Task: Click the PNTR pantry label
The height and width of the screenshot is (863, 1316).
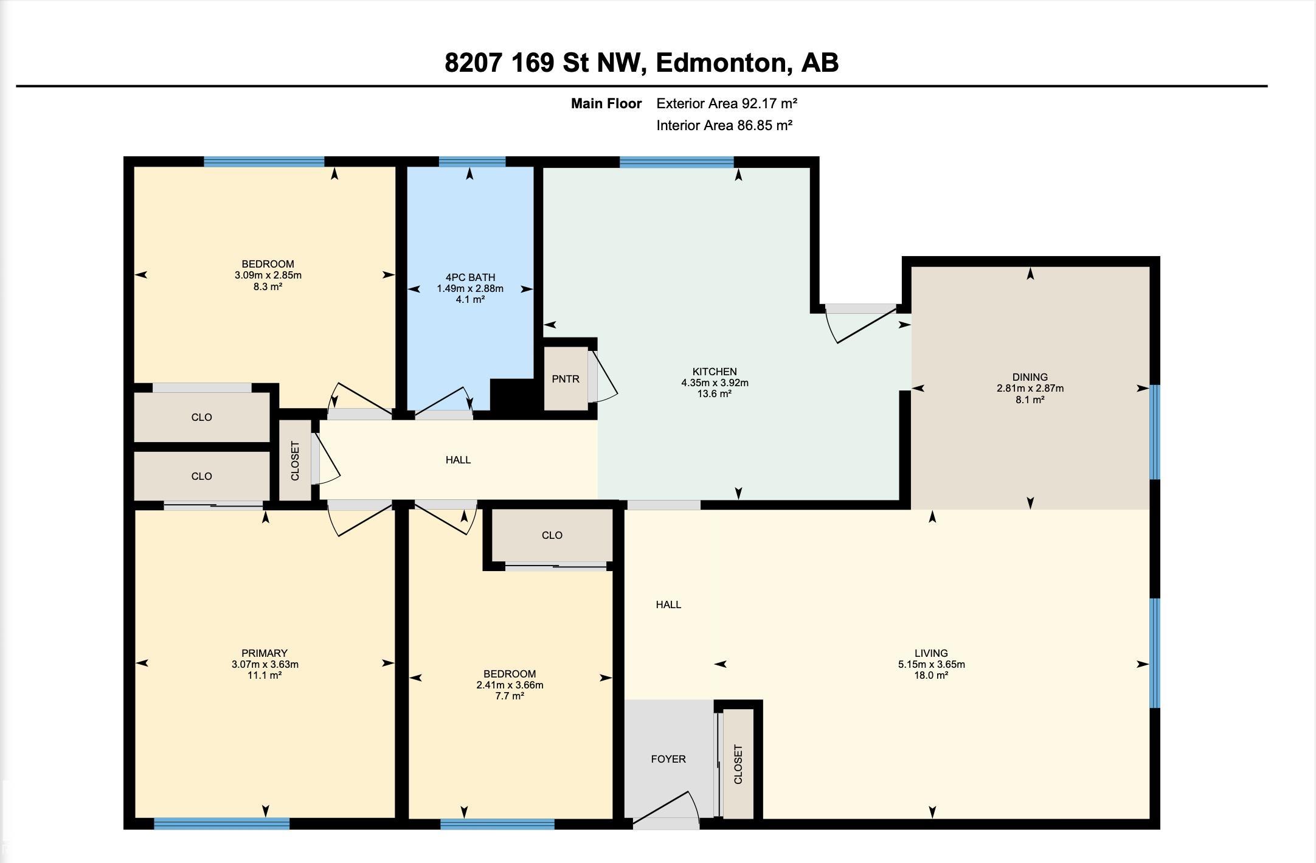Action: click(566, 379)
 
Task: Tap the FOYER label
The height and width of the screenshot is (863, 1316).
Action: click(668, 759)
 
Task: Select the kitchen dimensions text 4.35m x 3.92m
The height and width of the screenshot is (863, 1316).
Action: click(715, 383)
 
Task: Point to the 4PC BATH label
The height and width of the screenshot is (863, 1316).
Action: click(470, 277)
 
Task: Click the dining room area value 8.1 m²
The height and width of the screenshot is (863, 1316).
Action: click(1030, 400)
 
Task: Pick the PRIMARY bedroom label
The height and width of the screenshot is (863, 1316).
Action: click(265, 653)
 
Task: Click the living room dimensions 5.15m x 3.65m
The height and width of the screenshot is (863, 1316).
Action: click(932, 664)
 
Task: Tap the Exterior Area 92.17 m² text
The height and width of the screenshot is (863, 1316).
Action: click(727, 103)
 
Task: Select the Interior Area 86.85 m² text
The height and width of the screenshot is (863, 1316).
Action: click(724, 125)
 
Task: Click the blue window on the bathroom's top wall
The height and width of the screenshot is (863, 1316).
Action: click(472, 162)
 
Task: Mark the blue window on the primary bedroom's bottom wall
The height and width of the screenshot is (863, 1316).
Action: click(222, 823)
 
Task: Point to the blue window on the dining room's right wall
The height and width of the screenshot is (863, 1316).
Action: click(1155, 432)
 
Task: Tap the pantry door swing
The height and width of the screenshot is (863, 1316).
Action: click(603, 376)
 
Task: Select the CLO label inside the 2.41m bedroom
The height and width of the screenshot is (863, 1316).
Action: click(552, 535)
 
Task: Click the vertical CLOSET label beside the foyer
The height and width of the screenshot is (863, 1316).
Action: click(738, 764)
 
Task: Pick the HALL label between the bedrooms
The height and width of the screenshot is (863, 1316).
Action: click(458, 460)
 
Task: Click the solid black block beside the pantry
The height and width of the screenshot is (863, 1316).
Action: click(513, 396)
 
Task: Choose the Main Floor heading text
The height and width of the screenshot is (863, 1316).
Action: click(606, 103)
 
